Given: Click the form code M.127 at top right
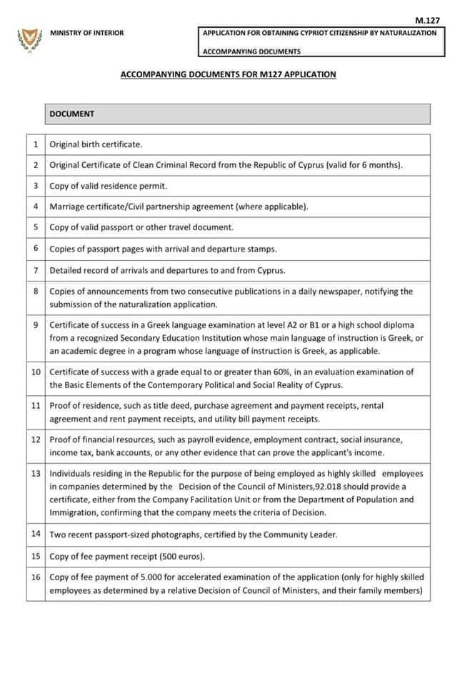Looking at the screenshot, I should click(426, 21).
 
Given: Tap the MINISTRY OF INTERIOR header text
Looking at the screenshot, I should click(86, 33).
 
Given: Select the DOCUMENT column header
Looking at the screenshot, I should click(72, 114).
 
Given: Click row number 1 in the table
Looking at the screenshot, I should click(36, 144).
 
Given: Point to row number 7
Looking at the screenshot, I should click(36, 270).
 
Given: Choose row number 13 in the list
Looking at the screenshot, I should click(36, 474).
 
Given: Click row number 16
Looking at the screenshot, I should click(36, 577).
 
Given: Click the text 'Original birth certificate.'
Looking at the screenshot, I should click(96, 144).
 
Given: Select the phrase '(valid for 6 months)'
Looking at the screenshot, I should click(364, 165).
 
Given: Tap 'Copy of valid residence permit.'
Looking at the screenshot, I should click(108, 186).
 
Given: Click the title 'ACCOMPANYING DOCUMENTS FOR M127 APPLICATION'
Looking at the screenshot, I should click(228, 74).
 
